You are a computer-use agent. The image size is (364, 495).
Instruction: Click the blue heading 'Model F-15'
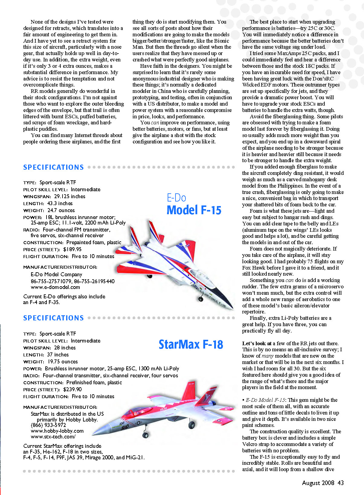point(194,210)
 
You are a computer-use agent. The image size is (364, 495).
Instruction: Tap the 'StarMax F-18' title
point(191,344)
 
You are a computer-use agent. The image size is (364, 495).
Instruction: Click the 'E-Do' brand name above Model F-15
point(176,198)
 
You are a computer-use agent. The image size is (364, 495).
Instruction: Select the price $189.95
point(72,249)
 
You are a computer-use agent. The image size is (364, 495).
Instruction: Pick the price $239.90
point(72,389)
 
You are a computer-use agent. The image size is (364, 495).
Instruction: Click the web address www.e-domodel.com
point(55,287)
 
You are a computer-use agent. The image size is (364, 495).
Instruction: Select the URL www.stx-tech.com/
point(53,437)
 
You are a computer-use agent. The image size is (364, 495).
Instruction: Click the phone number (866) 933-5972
point(48,425)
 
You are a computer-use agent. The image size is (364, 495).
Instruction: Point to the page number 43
point(340,483)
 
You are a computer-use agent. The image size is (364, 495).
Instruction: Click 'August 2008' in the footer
point(318,483)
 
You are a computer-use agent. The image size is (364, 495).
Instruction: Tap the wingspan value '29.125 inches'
point(69,196)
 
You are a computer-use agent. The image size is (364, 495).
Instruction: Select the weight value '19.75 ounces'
point(63,362)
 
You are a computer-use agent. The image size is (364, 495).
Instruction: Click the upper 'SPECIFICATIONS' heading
point(53,167)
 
